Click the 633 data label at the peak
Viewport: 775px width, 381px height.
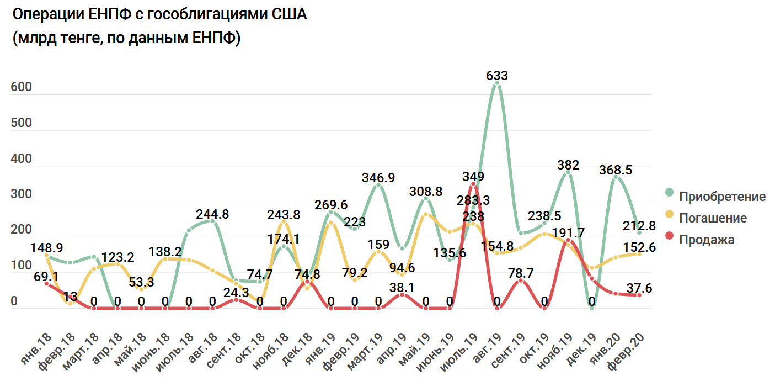pos(497,76)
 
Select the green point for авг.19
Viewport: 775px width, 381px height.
pos(497,83)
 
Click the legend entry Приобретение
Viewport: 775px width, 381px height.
pos(722,197)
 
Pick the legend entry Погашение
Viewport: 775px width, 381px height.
pos(713,218)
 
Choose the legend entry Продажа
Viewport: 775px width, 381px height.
pos(707,240)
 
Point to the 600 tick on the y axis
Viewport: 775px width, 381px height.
pos(21,88)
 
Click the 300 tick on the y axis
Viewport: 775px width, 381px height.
pos(21,195)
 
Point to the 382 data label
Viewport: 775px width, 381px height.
pos(568,165)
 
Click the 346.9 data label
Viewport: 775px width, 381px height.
pos(378,178)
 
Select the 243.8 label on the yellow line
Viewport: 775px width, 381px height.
pos(284,213)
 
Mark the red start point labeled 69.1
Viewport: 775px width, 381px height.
pos(46,283)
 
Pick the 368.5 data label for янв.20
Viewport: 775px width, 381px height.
pos(616,170)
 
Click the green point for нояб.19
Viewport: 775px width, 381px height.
pos(568,172)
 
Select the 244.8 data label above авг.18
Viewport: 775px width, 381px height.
pos(213,214)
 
